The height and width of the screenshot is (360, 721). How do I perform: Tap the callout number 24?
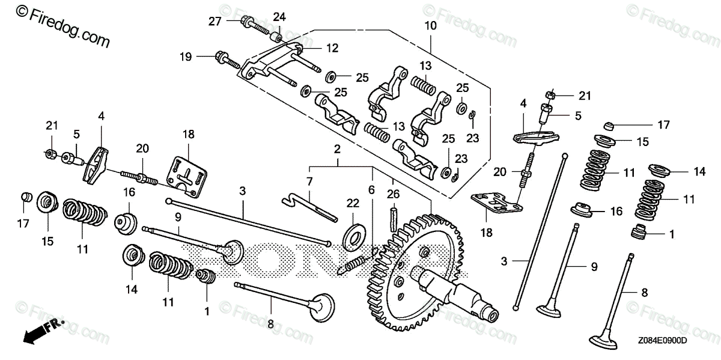click(x=280, y=16)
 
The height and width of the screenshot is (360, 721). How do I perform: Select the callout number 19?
click(x=185, y=57)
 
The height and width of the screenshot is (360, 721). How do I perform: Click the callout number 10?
click(x=430, y=26)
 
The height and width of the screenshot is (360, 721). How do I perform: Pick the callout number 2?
click(x=338, y=148)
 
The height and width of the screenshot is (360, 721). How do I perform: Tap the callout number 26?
click(x=394, y=194)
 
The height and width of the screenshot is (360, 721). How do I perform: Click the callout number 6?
click(x=372, y=190)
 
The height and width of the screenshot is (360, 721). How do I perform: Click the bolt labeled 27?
click(x=255, y=26)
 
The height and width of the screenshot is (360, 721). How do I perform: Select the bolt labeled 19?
click(x=226, y=59)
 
